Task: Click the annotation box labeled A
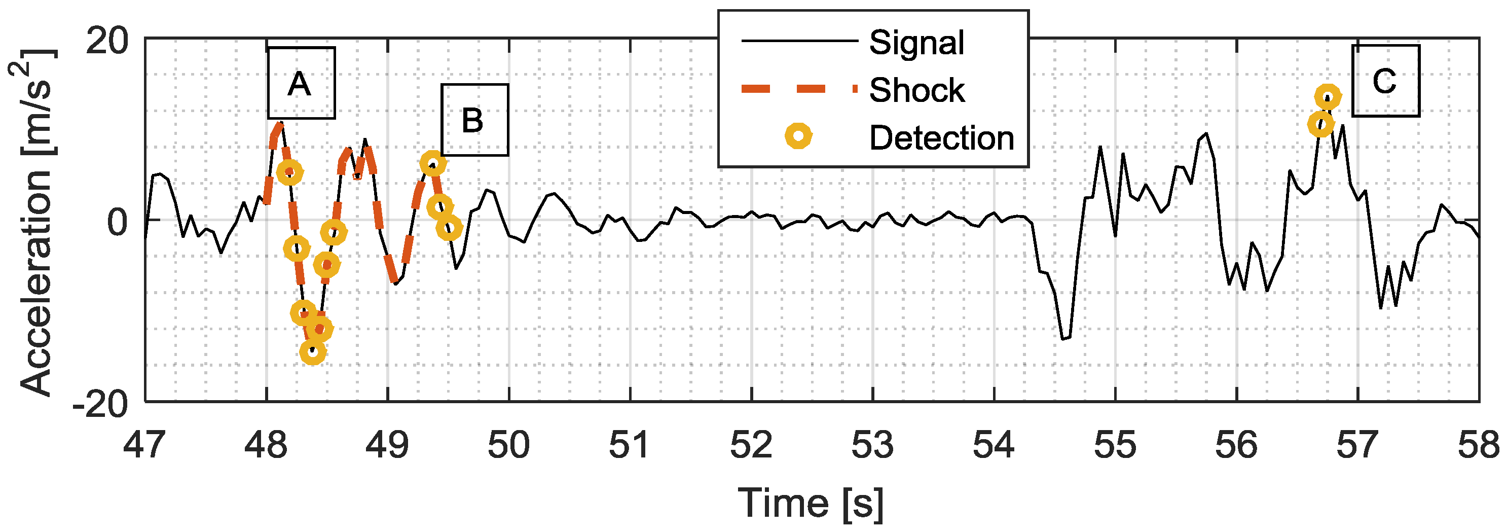tap(301, 83)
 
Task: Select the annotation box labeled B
tap(474, 120)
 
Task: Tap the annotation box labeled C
tap(1385, 81)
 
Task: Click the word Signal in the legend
tap(916, 42)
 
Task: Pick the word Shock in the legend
tap(916, 90)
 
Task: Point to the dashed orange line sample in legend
tap(798, 89)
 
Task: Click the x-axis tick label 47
tap(144, 445)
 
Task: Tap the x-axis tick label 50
tap(508, 445)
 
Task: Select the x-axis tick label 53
tap(872, 445)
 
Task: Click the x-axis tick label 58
tap(1478, 445)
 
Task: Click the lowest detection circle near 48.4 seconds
tap(312, 352)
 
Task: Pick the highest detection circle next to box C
tap(1328, 97)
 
